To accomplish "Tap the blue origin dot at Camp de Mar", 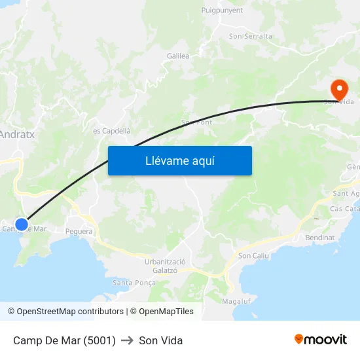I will [22, 225].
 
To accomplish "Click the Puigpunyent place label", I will [222, 10].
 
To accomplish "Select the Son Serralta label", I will [250, 37].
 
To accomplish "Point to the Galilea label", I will [178, 56].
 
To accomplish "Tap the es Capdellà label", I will [112, 130].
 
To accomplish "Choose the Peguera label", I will [79, 231].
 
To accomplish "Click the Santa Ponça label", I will [134, 283].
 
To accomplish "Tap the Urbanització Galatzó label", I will [165, 266].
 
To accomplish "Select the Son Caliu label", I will [253, 255].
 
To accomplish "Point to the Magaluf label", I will [236, 302].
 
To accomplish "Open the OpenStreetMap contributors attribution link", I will [70, 312].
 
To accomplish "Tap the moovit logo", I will [321, 340].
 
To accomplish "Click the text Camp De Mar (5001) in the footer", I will [64, 340].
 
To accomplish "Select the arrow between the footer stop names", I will [128, 340].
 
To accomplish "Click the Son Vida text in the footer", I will [161, 340].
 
